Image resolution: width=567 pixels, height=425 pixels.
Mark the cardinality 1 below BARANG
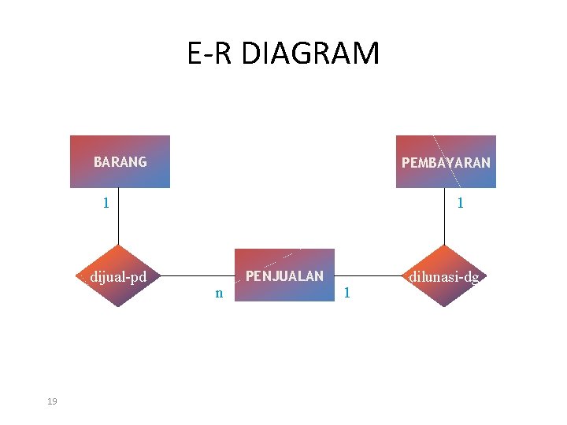[x=106, y=203]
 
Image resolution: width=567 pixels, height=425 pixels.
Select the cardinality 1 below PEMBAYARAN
[x=460, y=203]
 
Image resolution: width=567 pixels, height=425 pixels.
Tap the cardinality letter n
[x=219, y=294]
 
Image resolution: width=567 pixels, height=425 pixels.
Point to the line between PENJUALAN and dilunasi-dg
[x=370, y=277]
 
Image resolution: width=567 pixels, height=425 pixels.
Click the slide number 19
[x=52, y=402]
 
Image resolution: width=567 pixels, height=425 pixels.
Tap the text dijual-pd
[x=119, y=277]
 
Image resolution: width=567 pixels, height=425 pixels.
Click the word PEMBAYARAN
[x=446, y=163]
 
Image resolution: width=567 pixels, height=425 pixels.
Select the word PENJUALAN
[x=284, y=276]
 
